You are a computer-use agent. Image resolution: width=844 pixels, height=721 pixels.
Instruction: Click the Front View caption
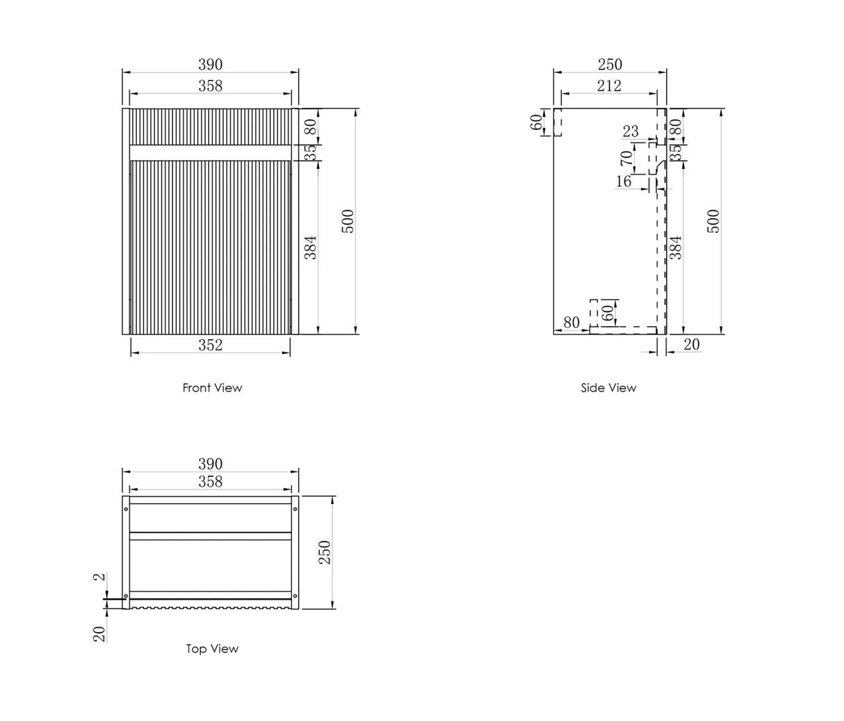[212, 388]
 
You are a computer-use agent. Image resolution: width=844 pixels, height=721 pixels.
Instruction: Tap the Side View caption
[608, 388]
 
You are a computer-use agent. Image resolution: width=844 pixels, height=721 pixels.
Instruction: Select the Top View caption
[212, 649]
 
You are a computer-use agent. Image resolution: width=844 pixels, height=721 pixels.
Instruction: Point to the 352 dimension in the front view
[210, 345]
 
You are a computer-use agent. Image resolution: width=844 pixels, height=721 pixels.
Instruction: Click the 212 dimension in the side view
[608, 86]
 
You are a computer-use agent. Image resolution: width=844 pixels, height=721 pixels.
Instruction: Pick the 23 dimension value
[630, 131]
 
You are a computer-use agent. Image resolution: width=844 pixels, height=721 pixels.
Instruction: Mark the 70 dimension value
[626, 159]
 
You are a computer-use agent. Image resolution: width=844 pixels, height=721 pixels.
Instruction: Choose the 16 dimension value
[624, 181]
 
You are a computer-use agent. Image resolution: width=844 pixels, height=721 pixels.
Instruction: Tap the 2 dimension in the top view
[99, 576]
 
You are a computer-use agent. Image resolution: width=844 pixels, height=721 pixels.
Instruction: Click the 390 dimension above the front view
[210, 65]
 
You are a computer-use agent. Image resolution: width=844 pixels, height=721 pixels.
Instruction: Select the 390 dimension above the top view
[210, 464]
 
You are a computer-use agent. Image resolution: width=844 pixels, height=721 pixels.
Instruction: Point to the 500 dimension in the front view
[348, 221]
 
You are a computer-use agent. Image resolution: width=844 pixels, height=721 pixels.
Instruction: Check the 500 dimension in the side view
[714, 221]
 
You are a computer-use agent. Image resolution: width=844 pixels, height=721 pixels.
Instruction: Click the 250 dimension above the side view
[610, 65]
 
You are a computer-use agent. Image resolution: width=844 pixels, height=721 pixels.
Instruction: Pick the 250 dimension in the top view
[325, 552]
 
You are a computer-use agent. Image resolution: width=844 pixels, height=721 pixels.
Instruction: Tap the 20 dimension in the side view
[692, 344]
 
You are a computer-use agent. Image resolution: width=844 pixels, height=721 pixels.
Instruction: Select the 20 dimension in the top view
[99, 633]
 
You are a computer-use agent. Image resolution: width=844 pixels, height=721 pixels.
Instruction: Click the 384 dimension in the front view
[311, 247]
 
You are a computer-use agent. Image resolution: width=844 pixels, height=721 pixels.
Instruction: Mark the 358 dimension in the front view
[210, 86]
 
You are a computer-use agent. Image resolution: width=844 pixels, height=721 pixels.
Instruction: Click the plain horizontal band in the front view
[210, 153]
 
